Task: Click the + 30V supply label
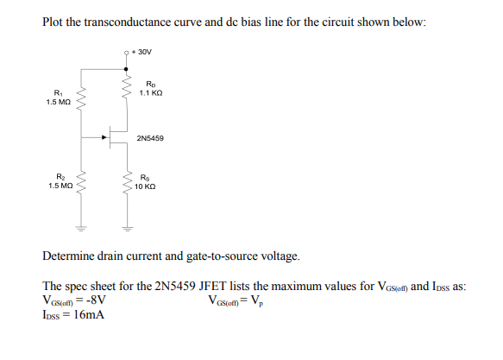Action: (142, 52)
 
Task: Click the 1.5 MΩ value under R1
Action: (59, 103)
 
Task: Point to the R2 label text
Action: (59, 176)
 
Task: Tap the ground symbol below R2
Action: (83, 230)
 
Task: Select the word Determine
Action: (72, 256)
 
